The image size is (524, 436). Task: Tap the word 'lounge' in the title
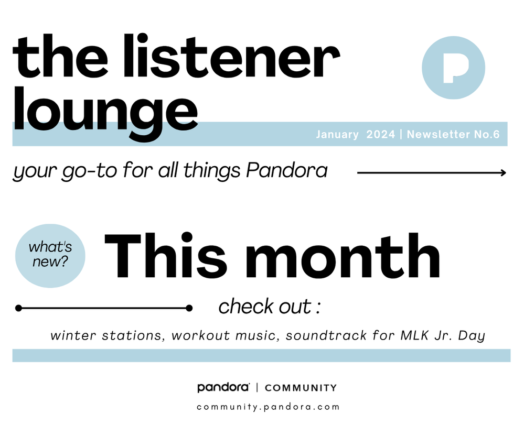point(105,113)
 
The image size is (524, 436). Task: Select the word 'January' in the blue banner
point(337,134)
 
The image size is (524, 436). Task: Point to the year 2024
point(381,134)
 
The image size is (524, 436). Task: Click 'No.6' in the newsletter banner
point(487,134)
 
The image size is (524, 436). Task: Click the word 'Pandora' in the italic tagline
point(287,170)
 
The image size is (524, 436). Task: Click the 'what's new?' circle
point(50,256)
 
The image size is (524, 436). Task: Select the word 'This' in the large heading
point(166,255)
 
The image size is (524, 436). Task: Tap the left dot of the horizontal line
point(19,308)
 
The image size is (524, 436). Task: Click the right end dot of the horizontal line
point(189,308)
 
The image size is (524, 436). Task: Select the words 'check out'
point(265,307)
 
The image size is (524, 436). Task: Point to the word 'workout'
point(200,335)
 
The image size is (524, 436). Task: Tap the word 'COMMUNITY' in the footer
point(301,388)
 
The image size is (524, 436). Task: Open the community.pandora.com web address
point(268,407)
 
